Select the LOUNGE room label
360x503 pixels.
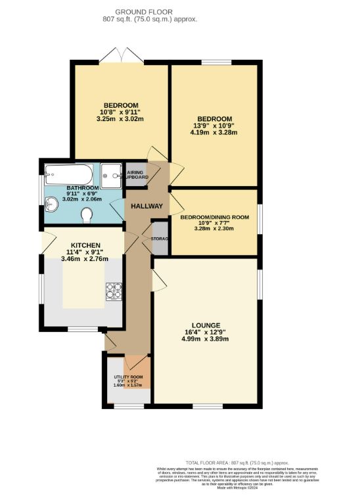coord(206,325)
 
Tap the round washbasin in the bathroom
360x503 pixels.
coord(52,202)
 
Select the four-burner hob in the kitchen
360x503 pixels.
coord(114,290)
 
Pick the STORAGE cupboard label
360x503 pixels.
coord(160,239)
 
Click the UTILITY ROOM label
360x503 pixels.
coord(127,377)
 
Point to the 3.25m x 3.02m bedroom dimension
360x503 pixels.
coord(120,119)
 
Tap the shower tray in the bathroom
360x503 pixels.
coord(112,175)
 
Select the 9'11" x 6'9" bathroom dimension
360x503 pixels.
coord(82,193)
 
